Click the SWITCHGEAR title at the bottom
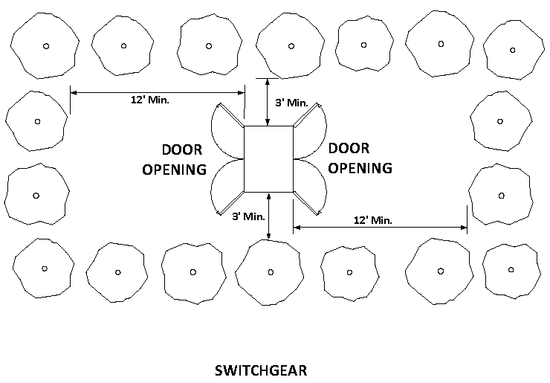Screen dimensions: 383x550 tap(260, 370)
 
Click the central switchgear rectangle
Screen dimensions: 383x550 tap(268, 158)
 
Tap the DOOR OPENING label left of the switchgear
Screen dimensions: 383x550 tap(174, 158)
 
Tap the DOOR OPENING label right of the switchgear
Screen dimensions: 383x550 tap(360, 158)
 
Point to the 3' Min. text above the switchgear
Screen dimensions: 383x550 tap(291, 102)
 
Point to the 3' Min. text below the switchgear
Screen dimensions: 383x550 tap(248, 216)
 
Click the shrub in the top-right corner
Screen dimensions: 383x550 tap(512, 51)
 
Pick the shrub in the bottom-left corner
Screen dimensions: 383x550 tap(44, 268)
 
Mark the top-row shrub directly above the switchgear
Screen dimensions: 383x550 tap(291, 46)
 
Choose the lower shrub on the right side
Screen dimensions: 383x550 tap(501, 196)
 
